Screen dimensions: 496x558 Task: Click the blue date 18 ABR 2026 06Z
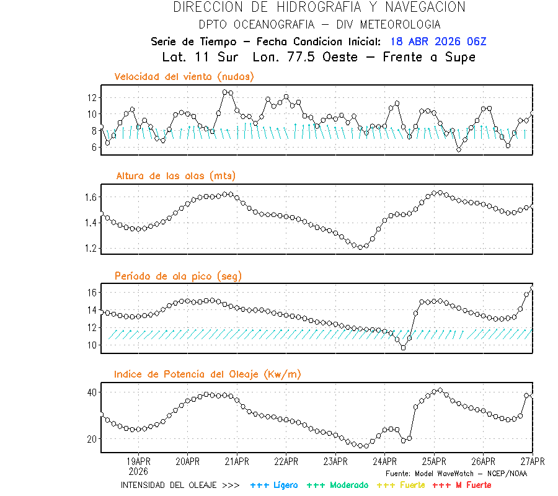[x=438, y=42]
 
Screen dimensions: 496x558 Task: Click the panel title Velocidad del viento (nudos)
[x=184, y=77]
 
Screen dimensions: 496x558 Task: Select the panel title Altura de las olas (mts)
[x=176, y=176]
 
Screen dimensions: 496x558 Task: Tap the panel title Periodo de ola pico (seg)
[x=178, y=276]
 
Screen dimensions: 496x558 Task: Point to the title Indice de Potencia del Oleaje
[x=207, y=374]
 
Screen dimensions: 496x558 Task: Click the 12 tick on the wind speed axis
[x=92, y=98]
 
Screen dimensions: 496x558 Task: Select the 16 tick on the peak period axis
[x=92, y=292]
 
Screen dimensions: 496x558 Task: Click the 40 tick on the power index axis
[x=92, y=392]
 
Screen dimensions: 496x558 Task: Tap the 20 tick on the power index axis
[x=92, y=439]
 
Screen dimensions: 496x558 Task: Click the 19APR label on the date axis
[x=138, y=461]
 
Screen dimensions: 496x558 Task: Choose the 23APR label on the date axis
[x=335, y=461]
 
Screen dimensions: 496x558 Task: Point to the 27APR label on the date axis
[x=532, y=461]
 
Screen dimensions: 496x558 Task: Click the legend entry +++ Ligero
[x=274, y=485]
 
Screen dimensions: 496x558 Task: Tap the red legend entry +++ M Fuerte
[x=461, y=485]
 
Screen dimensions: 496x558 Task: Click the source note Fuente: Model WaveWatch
[x=456, y=474]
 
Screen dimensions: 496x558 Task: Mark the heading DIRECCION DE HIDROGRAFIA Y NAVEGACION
[x=319, y=7]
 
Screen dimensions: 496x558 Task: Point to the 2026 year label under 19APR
[x=138, y=470]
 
